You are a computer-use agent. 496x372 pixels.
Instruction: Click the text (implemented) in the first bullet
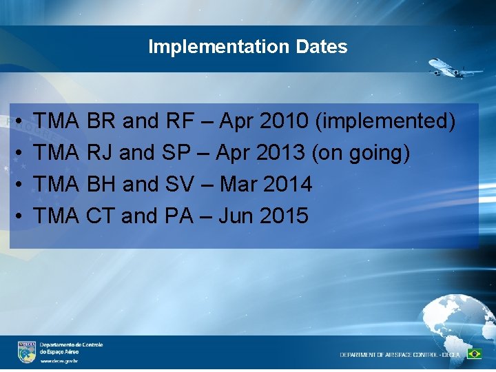pyautogui.click(x=384, y=122)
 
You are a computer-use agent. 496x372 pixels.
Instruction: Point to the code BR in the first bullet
pyautogui.click(x=101, y=121)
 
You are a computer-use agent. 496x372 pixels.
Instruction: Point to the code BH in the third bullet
pyautogui.click(x=102, y=185)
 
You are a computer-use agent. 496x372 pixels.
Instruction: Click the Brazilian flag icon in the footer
pyautogui.click(x=474, y=353)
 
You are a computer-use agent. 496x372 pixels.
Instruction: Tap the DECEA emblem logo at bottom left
pyautogui.click(x=27, y=351)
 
